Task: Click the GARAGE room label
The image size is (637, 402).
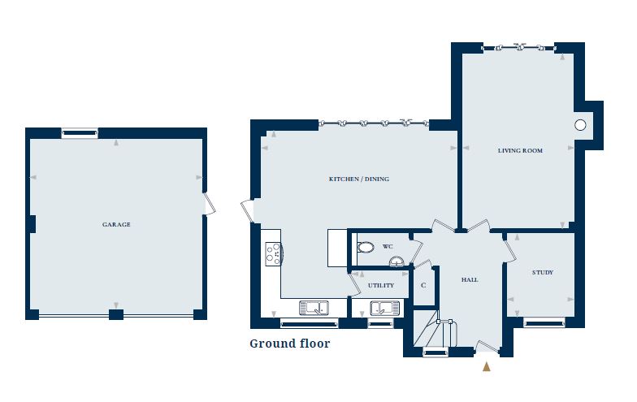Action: click(116, 224)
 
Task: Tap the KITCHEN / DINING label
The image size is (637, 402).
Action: click(353, 179)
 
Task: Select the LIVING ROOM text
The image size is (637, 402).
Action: click(520, 150)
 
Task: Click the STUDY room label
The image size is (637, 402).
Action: click(542, 272)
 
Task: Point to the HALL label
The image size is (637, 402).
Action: click(470, 279)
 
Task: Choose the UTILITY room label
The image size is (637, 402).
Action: click(381, 285)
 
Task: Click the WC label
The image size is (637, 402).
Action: click(388, 246)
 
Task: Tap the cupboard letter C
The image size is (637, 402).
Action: click(423, 285)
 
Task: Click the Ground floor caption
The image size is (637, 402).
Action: click(289, 344)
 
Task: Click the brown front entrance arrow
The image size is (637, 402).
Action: click(487, 366)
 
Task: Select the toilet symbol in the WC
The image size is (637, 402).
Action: click(365, 247)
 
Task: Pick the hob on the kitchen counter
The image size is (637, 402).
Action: click(273, 254)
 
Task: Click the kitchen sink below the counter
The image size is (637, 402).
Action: click(313, 308)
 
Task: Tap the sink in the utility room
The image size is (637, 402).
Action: click(381, 308)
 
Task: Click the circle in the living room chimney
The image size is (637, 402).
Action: click(580, 125)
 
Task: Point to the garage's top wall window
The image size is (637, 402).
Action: click(79, 132)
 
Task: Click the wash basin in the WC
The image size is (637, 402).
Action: click(396, 261)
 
